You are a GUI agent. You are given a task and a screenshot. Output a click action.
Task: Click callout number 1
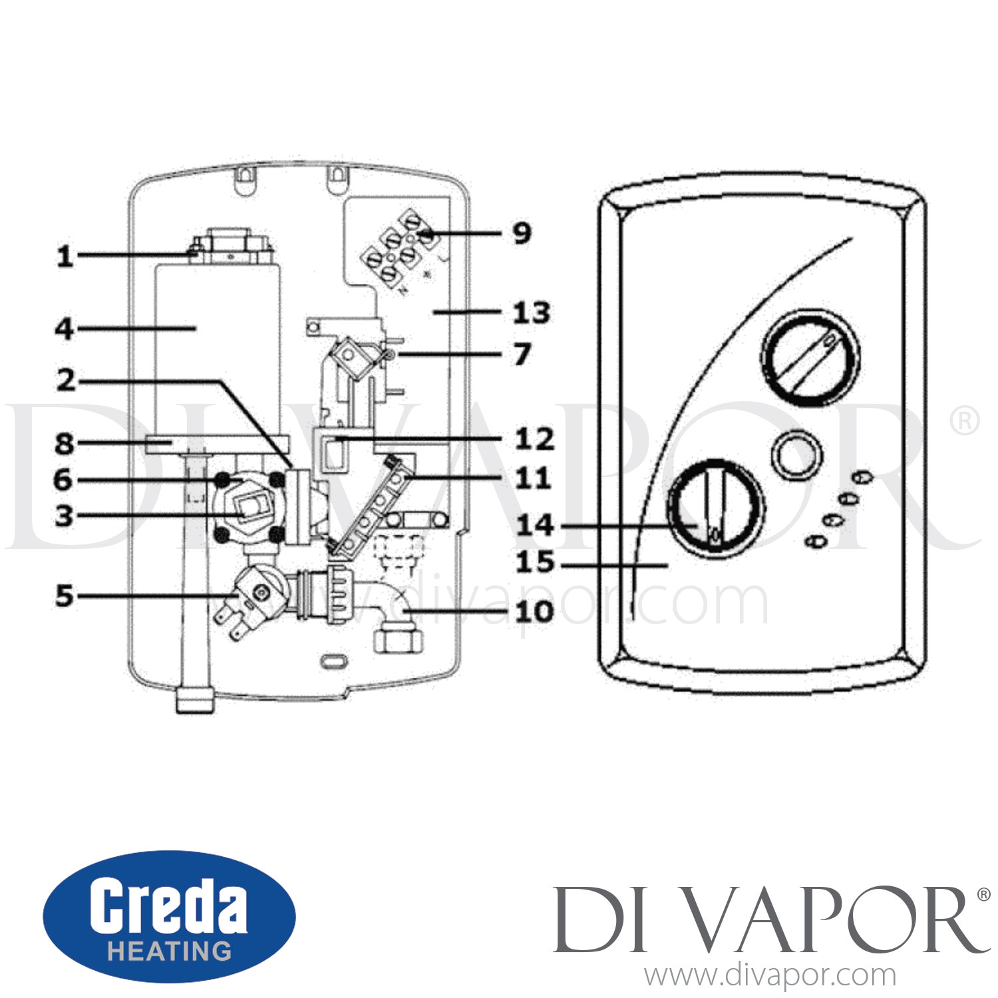65,256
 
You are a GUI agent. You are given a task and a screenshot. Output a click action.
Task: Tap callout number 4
65,329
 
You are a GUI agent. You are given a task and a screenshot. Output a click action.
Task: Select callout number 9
522,234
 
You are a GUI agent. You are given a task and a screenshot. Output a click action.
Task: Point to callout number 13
532,313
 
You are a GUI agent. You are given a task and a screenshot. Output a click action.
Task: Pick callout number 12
534,439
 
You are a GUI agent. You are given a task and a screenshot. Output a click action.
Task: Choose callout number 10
534,611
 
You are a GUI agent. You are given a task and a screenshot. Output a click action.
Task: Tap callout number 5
65,596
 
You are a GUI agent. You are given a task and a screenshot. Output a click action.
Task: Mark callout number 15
535,563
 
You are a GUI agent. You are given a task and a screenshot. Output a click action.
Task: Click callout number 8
65,444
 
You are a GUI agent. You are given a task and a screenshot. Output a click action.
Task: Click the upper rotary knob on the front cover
810,357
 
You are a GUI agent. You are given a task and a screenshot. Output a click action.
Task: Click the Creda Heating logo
169,916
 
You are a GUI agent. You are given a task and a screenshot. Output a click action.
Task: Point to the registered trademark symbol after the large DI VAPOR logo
983,896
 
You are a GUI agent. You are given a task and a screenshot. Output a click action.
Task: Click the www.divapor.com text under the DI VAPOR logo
770,975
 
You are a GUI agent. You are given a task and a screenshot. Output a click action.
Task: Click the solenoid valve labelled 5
256,595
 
